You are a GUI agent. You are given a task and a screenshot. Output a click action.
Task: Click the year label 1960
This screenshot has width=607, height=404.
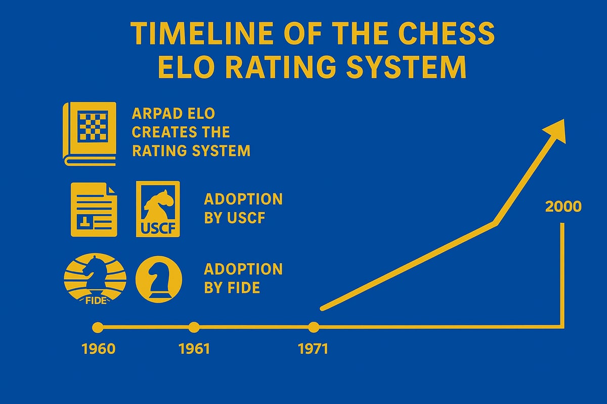[98, 349]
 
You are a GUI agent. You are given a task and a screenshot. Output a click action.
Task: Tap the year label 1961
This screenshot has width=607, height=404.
[194, 349]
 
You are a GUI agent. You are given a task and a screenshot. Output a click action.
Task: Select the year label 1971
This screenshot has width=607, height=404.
[313, 349]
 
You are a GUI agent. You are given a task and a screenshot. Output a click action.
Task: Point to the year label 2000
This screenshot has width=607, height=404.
[563, 207]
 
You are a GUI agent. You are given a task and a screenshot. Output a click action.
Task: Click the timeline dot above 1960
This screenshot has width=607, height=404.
[98, 328]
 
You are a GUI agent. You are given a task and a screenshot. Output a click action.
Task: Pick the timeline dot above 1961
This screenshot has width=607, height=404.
[194, 327]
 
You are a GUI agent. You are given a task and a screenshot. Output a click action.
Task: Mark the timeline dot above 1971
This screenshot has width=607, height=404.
[314, 327]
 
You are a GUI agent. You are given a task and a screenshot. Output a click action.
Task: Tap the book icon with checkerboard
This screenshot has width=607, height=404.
[90, 134]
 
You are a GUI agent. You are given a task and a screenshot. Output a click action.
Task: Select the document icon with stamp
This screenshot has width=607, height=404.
[94, 209]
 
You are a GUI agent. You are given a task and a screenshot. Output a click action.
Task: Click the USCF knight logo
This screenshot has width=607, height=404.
[158, 209]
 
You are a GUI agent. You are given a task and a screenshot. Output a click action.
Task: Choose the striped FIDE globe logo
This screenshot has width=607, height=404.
[95, 279]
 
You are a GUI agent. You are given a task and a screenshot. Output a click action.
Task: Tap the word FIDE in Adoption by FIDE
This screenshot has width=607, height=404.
[244, 288]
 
